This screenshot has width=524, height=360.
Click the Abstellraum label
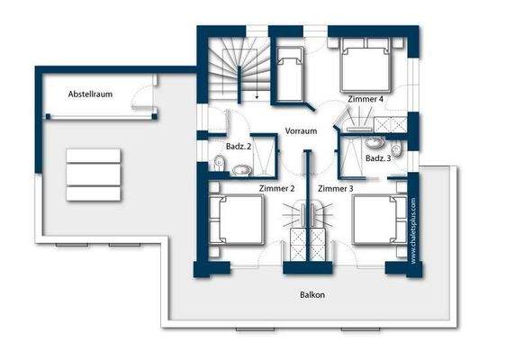(x=90, y=94)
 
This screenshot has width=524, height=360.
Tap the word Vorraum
(x=301, y=130)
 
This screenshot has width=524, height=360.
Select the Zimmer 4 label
(x=364, y=98)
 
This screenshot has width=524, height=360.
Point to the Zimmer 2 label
(x=276, y=188)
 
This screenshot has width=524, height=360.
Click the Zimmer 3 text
(x=336, y=188)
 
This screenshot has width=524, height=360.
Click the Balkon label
(x=312, y=294)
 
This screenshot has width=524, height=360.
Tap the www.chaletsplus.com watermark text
(x=413, y=230)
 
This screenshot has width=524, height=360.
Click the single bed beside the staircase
(x=291, y=70)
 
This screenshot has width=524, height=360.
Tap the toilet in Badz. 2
(x=219, y=163)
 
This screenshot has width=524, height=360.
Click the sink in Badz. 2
(x=241, y=168)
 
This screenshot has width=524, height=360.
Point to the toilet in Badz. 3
(x=396, y=150)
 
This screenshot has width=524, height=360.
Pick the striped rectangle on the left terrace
(x=93, y=175)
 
